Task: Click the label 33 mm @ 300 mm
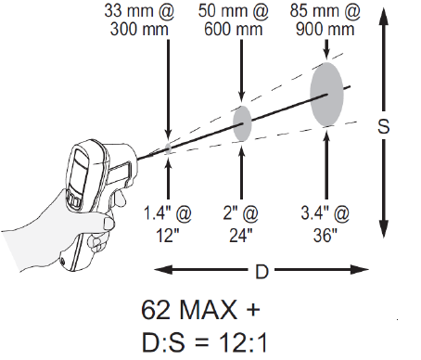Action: (139, 20)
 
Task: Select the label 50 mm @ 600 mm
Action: (234, 20)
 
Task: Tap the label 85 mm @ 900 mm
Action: (325, 20)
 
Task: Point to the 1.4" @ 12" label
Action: (168, 225)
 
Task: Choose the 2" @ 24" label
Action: (241, 225)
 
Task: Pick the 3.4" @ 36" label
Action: (325, 225)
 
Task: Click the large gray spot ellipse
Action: (326, 95)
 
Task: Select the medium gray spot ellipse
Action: (242, 123)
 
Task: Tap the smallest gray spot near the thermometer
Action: (168, 148)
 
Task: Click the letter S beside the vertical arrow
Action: (384, 126)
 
